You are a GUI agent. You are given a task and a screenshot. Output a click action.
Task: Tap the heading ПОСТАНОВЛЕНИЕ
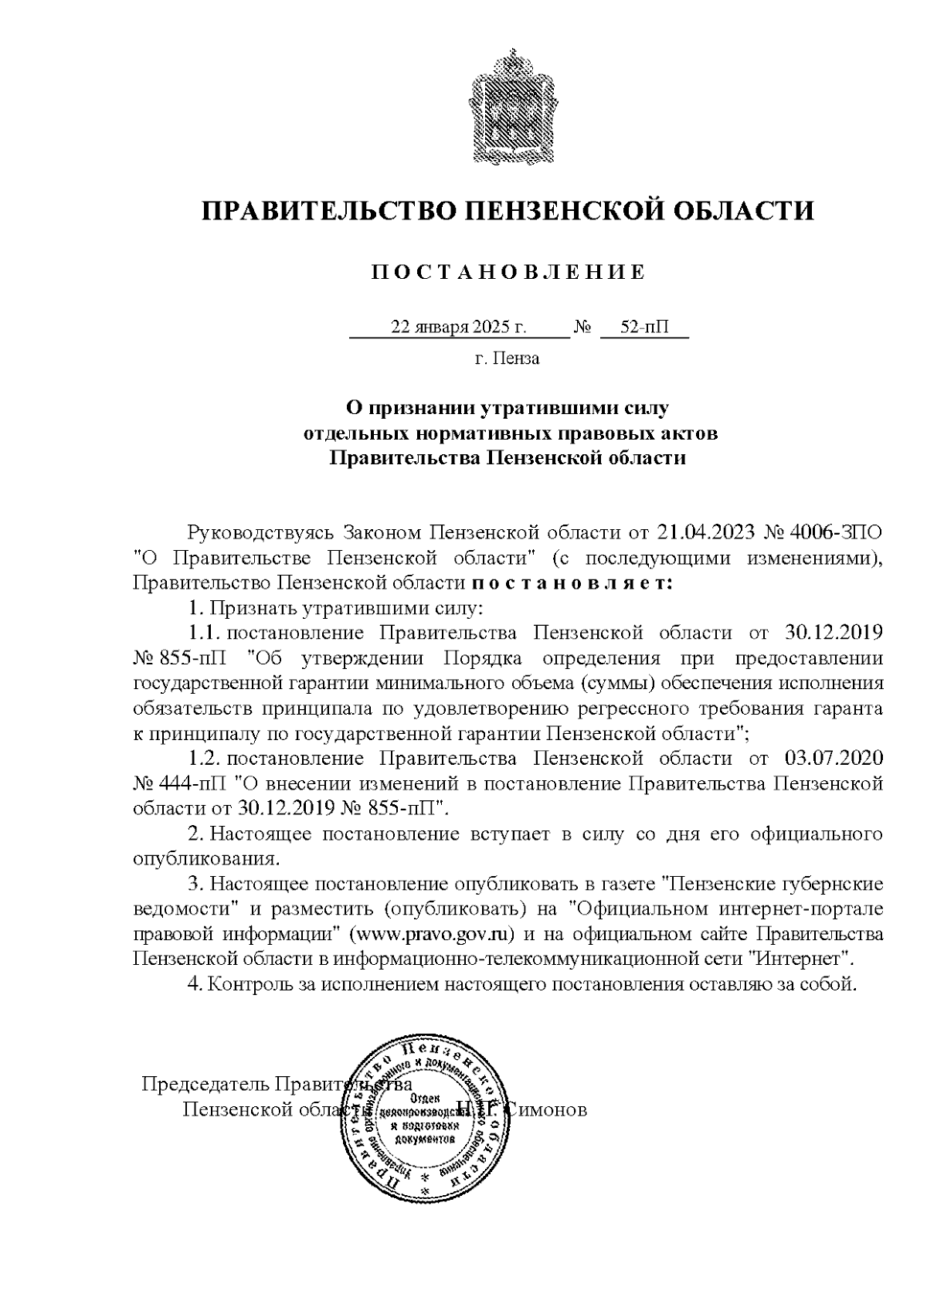pos(508,272)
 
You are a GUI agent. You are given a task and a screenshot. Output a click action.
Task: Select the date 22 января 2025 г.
pos(459,327)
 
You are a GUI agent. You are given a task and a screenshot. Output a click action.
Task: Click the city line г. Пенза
pos(507,358)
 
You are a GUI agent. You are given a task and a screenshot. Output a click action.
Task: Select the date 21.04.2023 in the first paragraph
pos(705,532)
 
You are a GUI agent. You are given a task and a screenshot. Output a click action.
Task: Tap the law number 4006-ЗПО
pos(841,532)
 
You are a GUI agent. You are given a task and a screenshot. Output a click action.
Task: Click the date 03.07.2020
pos(834,758)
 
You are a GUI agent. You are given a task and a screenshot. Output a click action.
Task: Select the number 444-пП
pos(190,783)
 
